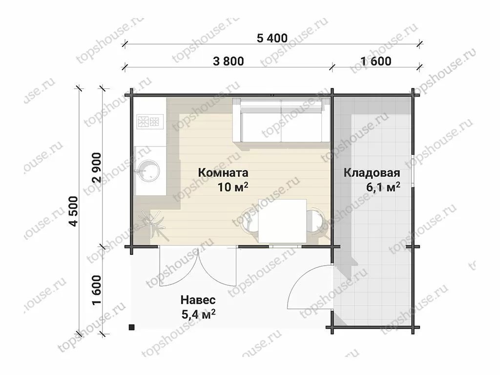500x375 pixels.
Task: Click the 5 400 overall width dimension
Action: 272,38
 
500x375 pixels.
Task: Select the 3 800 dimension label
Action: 229,61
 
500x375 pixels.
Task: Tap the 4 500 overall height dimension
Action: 74,211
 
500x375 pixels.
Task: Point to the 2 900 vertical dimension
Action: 97,168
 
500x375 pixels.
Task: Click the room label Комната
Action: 223,173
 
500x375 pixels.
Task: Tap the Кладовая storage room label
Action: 372,173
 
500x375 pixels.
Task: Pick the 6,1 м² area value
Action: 383,187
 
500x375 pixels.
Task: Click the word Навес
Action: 198,300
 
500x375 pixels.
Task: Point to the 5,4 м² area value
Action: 198,314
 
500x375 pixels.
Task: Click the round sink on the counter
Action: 147,171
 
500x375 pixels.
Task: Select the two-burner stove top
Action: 150,122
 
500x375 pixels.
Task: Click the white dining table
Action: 282,221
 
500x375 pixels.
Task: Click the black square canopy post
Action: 131,327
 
